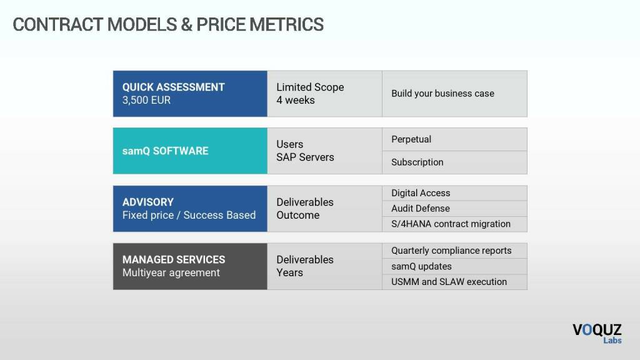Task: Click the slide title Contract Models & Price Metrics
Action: click(168, 24)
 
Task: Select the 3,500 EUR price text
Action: click(146, 100)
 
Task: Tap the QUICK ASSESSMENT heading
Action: click(174, 87)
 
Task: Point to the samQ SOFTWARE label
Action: click(165, 151)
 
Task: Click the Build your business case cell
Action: click(455, 94)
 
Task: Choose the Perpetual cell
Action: click(455, 139)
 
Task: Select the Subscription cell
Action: click(455, 162)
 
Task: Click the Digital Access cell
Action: click(455, 193)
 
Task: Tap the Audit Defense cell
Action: click(455, 209)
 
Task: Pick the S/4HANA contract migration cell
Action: click(455, 224)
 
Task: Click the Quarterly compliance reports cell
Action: click(455, 251)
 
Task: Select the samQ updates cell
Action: click(455, 266)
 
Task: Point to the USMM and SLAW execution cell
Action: click(455, 282)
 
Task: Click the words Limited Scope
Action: click(310, 87)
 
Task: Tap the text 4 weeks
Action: click(296, 100)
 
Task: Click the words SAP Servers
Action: click(305, 157)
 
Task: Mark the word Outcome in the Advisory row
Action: click(298, 215)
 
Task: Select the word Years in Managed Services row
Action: click(290, 272)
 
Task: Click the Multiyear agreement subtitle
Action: click(171, 272)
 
